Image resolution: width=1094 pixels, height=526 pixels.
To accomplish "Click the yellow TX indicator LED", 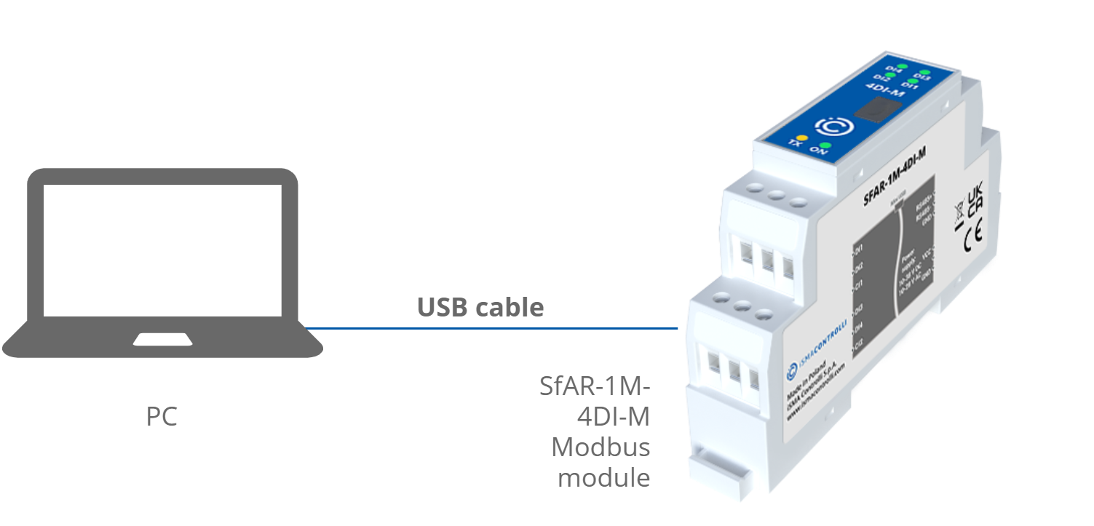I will [801, 137].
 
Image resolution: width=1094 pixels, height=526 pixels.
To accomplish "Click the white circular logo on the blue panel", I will [831, 126].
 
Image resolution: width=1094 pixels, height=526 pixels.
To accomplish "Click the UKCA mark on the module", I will [975, 197].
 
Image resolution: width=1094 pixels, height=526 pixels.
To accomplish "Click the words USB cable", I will [480, 307].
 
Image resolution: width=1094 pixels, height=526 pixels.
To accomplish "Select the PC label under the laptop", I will [162, 417].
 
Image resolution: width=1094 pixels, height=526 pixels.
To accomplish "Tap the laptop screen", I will [162, 250].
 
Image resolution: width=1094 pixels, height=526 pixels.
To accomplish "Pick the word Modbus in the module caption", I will [600, 446].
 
